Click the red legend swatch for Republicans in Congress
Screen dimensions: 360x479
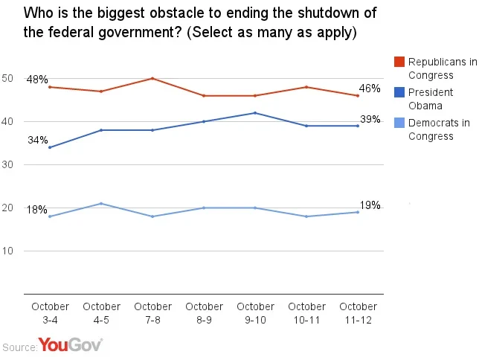399,62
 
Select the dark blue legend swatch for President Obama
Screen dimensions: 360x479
399,92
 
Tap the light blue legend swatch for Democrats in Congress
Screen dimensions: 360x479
399,123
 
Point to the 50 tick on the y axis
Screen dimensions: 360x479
8,78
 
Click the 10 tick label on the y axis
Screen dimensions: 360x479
8,251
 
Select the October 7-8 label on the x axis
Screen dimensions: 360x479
152,312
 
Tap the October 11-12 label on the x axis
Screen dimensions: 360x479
358,312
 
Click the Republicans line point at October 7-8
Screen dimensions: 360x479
152,78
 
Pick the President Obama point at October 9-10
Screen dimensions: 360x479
255,113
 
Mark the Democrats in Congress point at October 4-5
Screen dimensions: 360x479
101,203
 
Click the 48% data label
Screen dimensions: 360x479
37,80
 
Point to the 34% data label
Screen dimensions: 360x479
39,140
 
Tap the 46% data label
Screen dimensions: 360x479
370,89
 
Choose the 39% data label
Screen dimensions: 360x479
370,120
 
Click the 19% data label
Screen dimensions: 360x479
370,205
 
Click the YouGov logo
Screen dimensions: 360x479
70,345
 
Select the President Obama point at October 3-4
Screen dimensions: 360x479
50,147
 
